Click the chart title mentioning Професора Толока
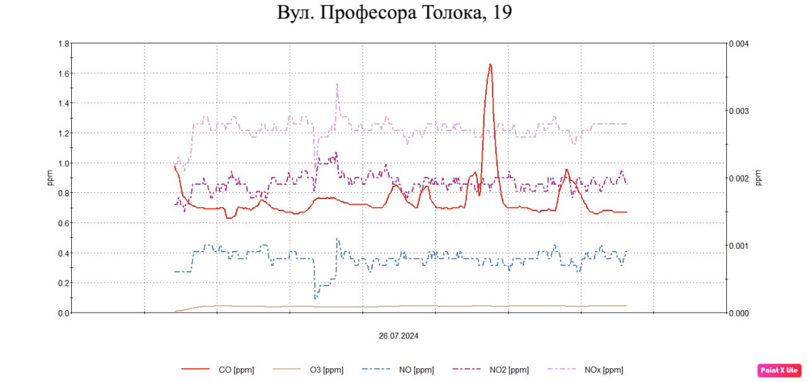coord(394,13)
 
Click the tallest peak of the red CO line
coord(490,64)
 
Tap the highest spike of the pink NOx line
coord(337,84)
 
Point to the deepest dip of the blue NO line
coord(315,298)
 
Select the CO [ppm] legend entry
coord(218,370)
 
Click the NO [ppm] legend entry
coord(398,370)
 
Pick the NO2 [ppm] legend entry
coord(491,370)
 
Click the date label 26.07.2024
coord(398,336)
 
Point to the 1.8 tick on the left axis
coord(63,43)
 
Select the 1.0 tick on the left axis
coord(63,163)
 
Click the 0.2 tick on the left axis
coord(63,283)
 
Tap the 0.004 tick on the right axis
coord(738,43)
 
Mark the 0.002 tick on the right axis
coord(738,178)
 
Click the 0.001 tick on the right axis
coord(738,246)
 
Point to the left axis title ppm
coord(50,178)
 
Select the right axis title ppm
coord(759,178)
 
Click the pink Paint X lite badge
coord(779,369)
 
